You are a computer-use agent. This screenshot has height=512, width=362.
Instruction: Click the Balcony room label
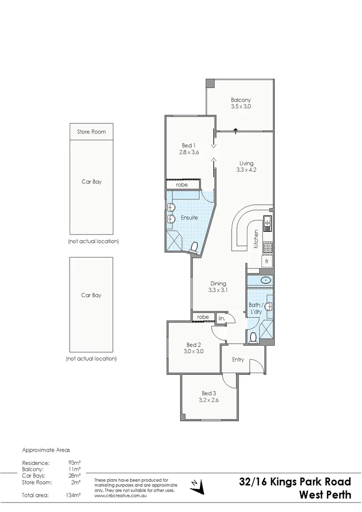(x=241, y=100)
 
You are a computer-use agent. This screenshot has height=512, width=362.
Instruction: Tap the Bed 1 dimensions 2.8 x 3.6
(x=188, y=152)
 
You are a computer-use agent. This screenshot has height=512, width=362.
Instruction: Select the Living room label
(x=246, y=164)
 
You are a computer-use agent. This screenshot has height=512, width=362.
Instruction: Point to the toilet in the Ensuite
(x=194, y=247)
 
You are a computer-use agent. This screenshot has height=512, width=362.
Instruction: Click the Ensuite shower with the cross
(x=173, y=240)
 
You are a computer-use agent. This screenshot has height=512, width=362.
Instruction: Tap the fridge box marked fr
(x=267, y=261)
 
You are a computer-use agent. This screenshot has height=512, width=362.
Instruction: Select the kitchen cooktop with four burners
(x=268, y=246)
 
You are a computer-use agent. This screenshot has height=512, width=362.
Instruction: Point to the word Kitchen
(x=256, y=239)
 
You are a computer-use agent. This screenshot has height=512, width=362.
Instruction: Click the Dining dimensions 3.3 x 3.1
(x=218, y=290)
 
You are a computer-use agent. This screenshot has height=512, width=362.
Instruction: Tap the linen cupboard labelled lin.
(x=221, y=319)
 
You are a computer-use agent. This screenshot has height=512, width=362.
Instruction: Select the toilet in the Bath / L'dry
(x=253, y=337)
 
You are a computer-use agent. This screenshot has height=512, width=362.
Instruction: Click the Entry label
(x=238, y=359)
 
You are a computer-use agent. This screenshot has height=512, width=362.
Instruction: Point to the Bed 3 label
(x=208, y=393)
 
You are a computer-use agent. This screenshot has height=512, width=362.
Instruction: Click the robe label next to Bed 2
(x=203, y=317)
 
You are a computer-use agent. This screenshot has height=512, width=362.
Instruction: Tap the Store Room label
(x=91, y=132)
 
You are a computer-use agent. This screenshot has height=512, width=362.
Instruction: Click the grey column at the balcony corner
(x=210, y=83)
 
